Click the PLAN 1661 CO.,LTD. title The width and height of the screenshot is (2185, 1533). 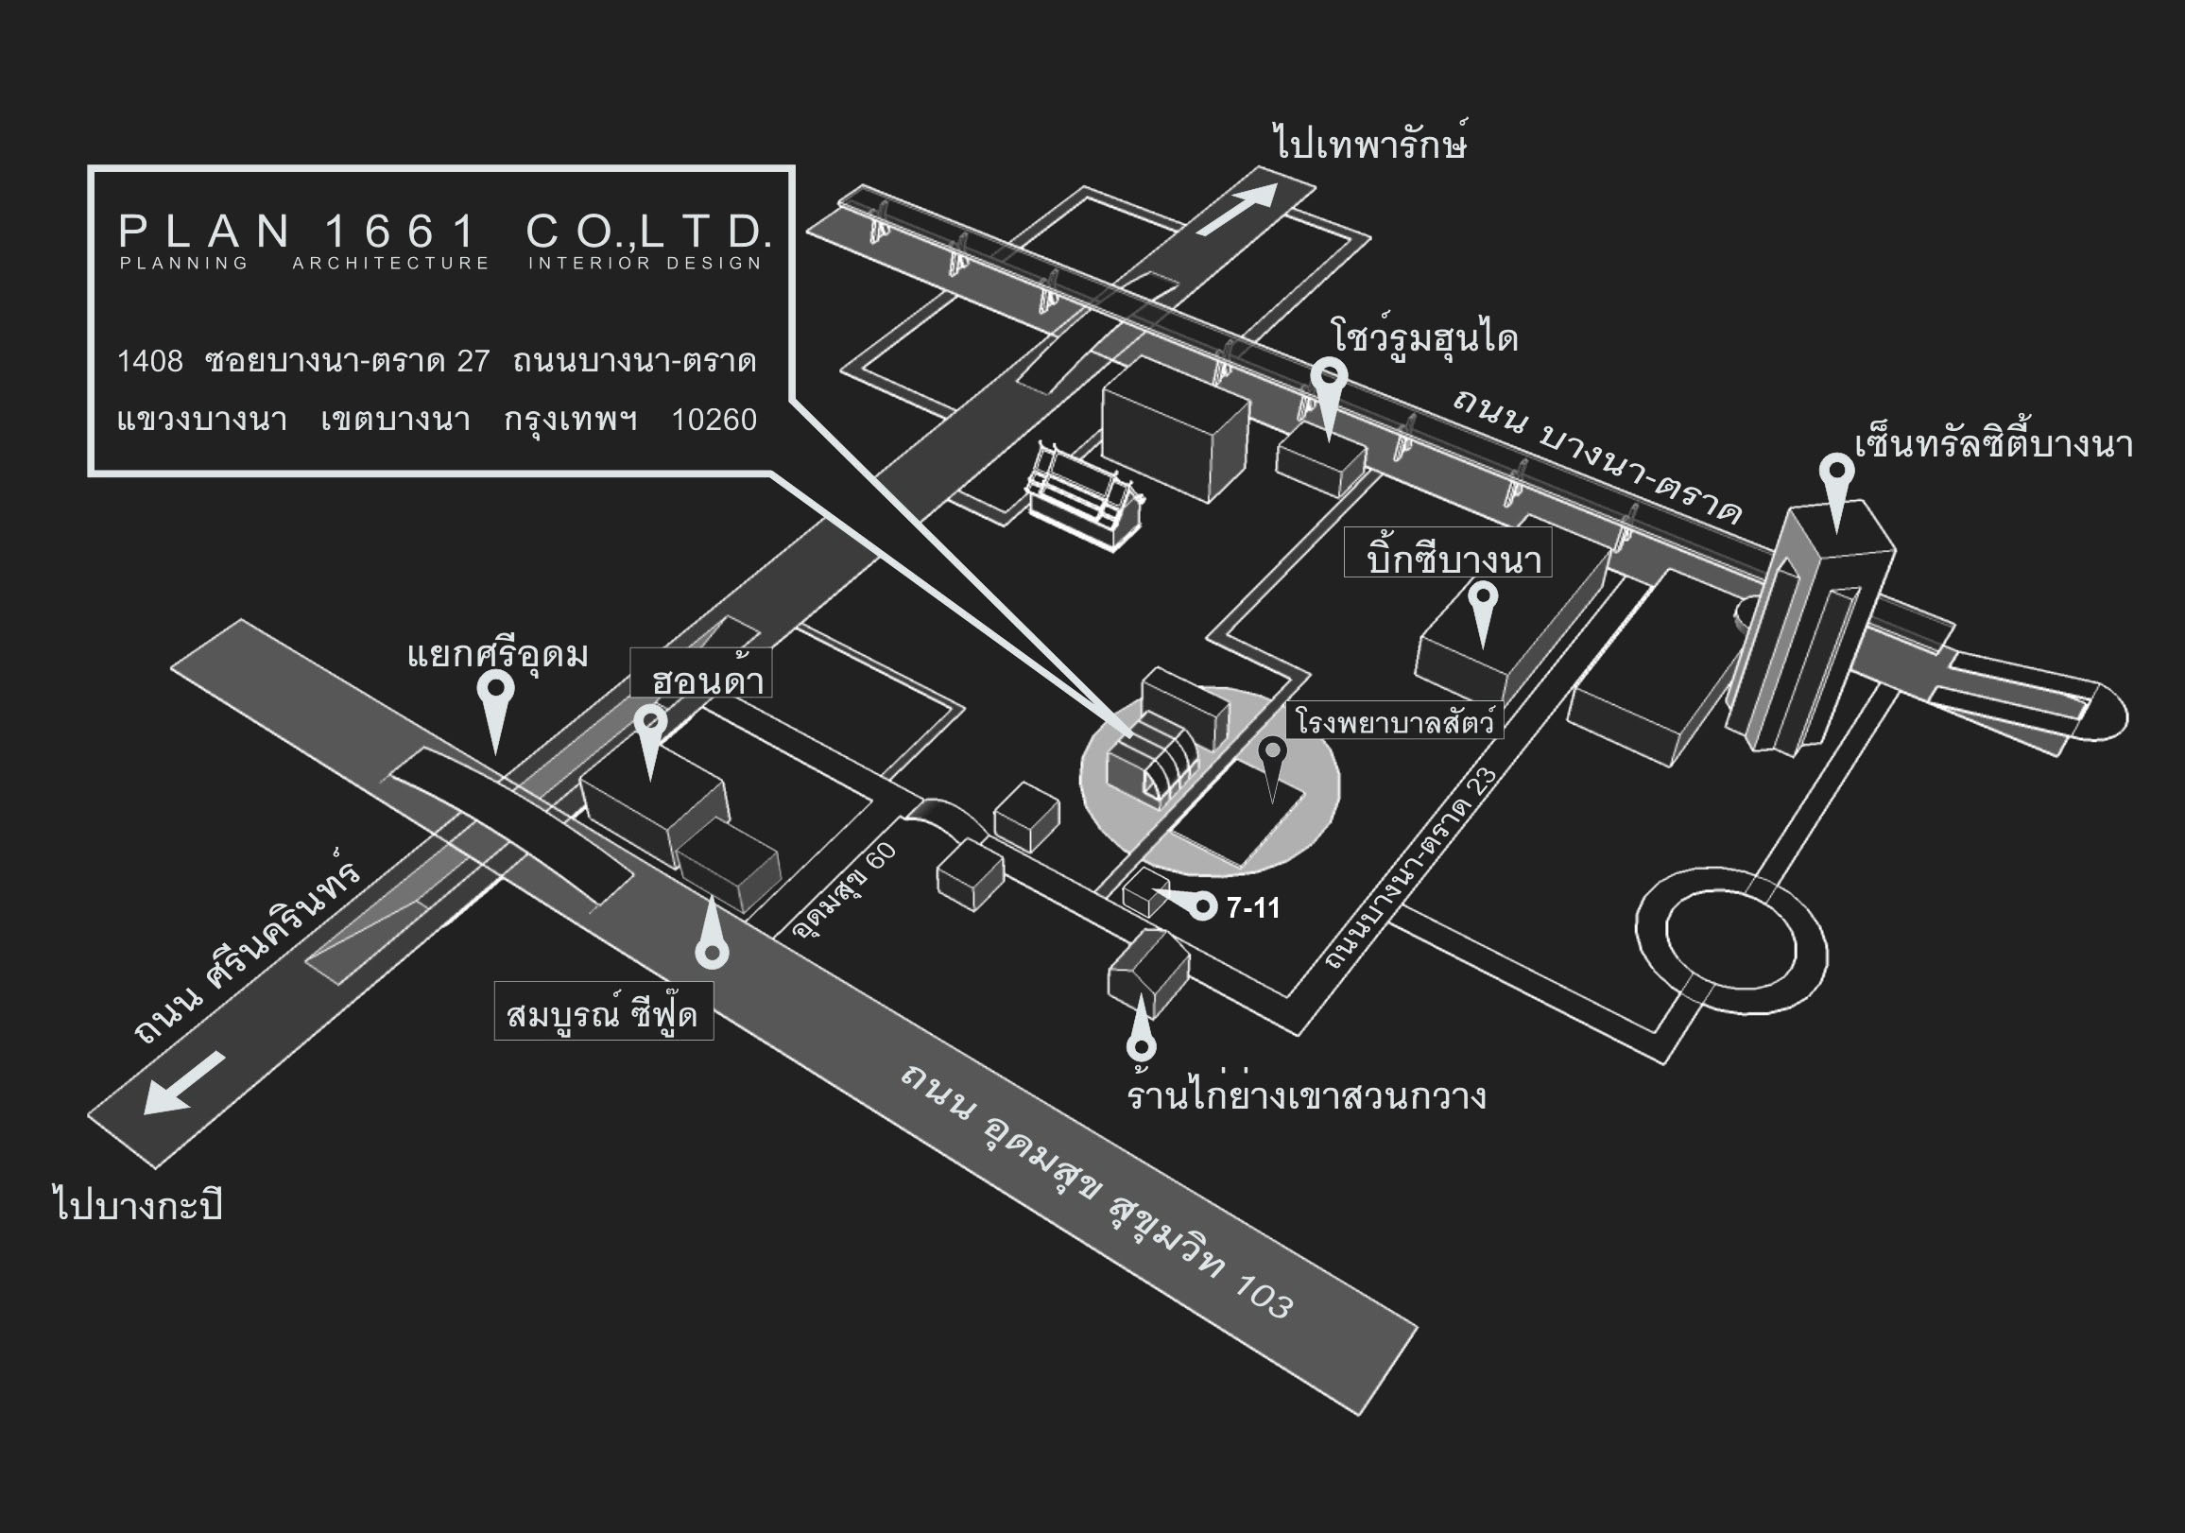coord(443,232)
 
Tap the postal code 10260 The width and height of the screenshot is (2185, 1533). coord(714,420)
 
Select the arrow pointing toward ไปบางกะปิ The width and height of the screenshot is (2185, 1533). coord(184,1082)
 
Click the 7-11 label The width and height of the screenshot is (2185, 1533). coord(1252,909)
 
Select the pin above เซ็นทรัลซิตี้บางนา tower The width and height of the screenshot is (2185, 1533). coord(1835,481)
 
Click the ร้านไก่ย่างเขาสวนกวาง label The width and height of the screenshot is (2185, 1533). coord(1306,1095)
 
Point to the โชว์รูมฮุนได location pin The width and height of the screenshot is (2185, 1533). coord(1329,386)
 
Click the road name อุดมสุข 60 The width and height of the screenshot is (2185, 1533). coord(845,889)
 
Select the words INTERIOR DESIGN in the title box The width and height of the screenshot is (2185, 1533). coord(645,264)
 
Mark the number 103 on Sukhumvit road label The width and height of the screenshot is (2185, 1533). coord(1264,1296)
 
